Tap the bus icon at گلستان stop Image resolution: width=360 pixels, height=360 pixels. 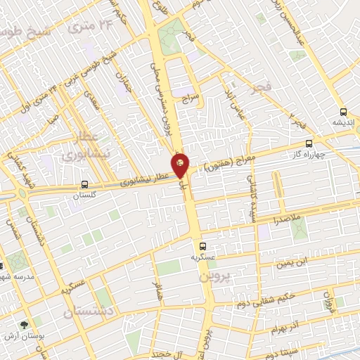(84, 186)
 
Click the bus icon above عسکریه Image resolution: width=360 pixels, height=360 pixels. (202, 246)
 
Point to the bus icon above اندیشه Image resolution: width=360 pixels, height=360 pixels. (343, 111)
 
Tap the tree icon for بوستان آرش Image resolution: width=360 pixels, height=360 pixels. (25, 325)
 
